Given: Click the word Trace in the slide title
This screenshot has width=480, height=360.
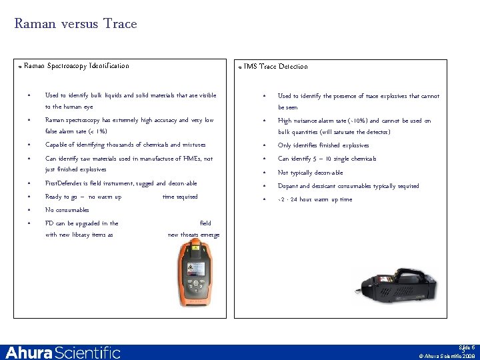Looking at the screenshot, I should pyautogui.click(x=120, y=24).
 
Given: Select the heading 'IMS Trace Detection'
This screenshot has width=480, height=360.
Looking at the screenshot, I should pyautogui.click(x=275, y=66).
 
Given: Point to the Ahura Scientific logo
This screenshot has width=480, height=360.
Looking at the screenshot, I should pyautogui.click(x=63, y=352).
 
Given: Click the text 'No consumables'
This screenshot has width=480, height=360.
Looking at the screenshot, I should pyautogui.click(x=67, y=210).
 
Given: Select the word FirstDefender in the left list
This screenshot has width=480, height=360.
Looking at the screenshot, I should pyautogui.click(x=64, y=183).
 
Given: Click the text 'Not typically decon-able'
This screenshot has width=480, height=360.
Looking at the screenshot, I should pyautogui.click(x=310, y=173).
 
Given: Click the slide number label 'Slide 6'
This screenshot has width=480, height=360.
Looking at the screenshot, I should pyautogui.click(x=466, y=347).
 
